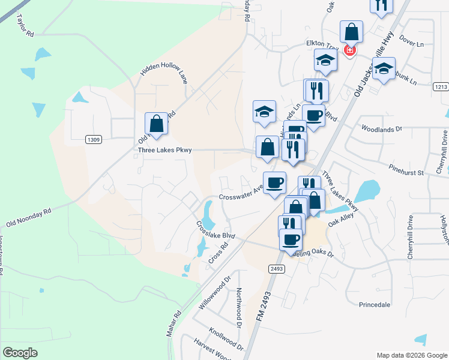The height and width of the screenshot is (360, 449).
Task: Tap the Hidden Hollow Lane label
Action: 164,71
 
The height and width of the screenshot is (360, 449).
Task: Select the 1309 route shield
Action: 94,140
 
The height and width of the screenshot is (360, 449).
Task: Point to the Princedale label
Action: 375,305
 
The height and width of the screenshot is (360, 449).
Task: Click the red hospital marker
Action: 349,51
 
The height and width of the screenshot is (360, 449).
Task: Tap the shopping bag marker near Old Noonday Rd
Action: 156,124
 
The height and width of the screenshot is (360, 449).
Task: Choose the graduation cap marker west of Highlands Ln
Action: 264,112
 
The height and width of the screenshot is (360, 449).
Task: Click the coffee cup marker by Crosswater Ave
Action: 275,182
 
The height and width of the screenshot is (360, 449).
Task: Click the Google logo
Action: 20,353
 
